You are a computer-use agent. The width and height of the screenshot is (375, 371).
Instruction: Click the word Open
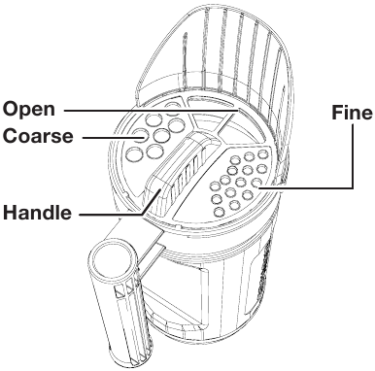(29, 111)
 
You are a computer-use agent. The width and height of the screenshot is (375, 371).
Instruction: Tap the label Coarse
(38, 136)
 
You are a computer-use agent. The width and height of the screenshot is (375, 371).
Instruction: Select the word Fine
(352, 113)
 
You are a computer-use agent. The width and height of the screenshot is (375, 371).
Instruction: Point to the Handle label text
(37, 213)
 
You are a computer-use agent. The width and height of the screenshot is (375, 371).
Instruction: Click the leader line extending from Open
(152, 111)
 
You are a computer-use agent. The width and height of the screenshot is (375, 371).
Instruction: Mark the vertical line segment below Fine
(352, 156)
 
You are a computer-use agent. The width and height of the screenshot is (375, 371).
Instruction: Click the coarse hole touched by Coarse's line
(140, 135)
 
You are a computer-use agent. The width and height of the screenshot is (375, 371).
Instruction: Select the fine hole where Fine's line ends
(256, 183)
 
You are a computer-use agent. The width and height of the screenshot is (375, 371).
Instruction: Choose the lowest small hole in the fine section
(220, 212)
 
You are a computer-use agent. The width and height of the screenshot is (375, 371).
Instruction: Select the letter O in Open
(11, 110)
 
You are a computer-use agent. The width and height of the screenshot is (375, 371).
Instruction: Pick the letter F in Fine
(337, 113)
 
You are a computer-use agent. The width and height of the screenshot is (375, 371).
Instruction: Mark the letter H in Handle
(10, 213)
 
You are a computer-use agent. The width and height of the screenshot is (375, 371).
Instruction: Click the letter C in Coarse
(11, 136)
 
